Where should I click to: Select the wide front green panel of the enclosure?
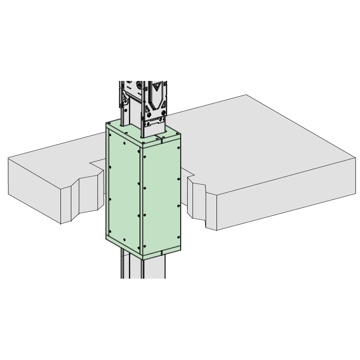coord(161,197)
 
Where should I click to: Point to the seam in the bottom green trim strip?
coord(161,252)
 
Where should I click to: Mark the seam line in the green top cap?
coord(161,140)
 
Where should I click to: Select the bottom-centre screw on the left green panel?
coord(125,239)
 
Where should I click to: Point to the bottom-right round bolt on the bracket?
coord(163,113)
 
